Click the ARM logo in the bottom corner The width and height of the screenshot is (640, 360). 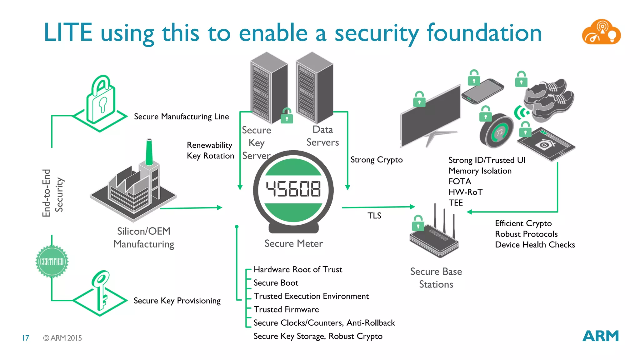(600, 336)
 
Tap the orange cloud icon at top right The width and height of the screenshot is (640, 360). (601, 32)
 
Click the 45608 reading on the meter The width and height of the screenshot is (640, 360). (293, 189)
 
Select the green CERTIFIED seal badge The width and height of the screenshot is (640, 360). (52, 262)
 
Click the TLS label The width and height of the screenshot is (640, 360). (374, 216)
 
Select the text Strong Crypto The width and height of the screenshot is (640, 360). (376, 160)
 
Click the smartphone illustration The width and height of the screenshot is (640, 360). (483, 91)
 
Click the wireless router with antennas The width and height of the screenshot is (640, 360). (434, 237)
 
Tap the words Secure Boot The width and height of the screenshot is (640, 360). (276, 283)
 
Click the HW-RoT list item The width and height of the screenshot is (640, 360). (465, 192)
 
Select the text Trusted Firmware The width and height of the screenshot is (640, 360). (286, 309)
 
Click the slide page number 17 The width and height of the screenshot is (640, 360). (26, 338)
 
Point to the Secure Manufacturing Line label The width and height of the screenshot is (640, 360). (181, 117)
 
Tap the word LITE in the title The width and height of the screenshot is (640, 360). (68, 32)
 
